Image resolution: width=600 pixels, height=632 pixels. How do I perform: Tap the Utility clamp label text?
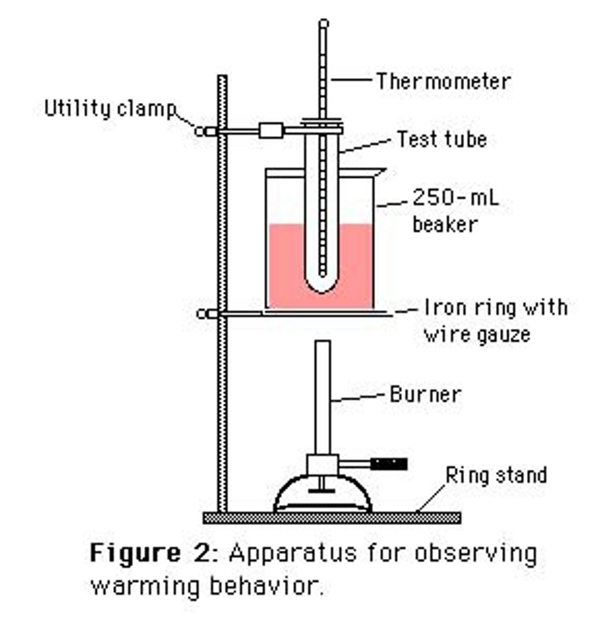point(109,108)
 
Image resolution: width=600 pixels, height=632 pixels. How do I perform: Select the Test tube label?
point(442,139)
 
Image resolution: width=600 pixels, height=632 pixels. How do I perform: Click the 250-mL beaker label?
point(454,211)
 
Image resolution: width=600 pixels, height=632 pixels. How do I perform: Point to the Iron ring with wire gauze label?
point(495,320)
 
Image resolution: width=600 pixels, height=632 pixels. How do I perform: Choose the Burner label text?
point(425,394)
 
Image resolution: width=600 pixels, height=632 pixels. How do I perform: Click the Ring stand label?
point(496,475)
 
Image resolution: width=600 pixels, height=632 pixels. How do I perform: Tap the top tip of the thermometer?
point(324,23)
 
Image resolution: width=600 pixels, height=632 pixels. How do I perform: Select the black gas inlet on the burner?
point(389,464)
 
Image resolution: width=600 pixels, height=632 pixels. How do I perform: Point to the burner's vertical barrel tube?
point(323,395)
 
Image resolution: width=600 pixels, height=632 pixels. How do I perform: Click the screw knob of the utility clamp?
point(201,131)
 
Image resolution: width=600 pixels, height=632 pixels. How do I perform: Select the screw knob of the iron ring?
point(201,314)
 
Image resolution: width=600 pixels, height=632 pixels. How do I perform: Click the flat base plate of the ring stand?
point(332,518)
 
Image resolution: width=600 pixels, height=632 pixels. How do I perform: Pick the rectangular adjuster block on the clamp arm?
point(271,130)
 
